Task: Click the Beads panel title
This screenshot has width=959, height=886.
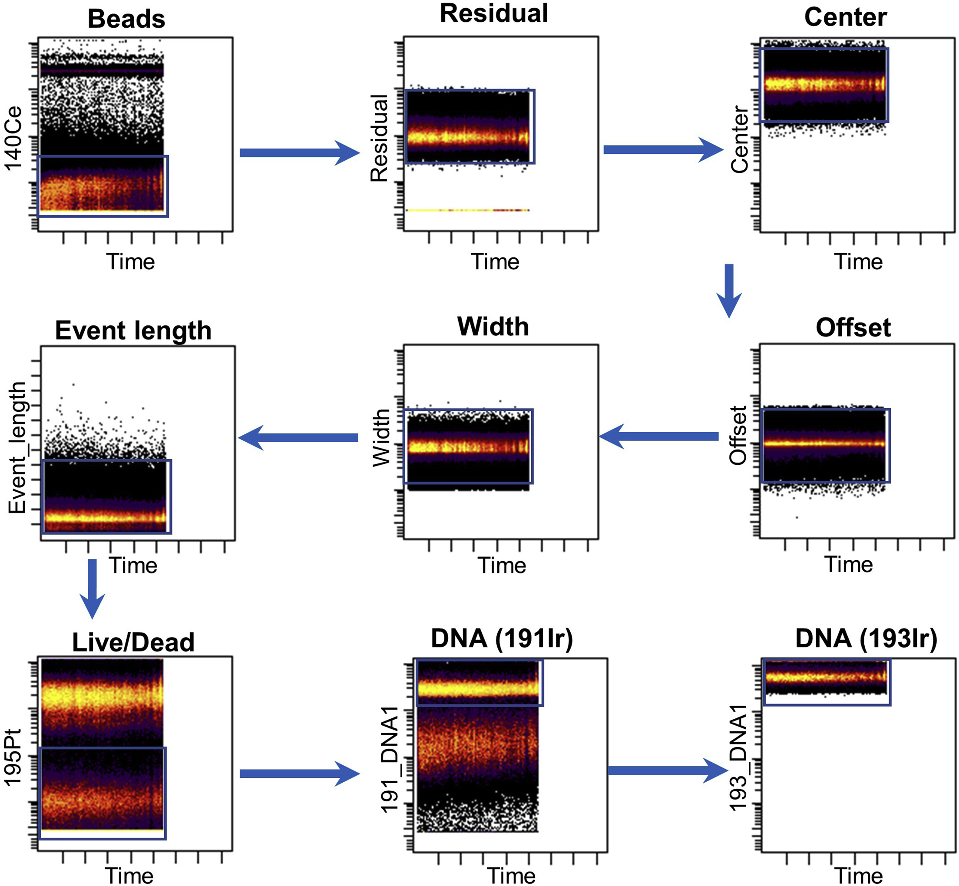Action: [126, 19]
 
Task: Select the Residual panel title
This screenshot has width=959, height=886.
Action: [493, 13]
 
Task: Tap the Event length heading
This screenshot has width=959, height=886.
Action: [133, 331]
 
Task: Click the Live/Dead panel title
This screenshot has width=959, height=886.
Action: [133, 642]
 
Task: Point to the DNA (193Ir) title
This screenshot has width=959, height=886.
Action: [866, 638]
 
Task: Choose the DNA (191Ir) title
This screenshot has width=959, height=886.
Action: [502, 638]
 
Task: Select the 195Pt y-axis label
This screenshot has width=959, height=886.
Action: [13, 757]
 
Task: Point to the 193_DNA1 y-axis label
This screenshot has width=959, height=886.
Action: [739, 757]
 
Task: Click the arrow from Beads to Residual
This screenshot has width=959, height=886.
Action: [299, 153]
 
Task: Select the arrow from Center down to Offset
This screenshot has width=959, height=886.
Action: [729, 290]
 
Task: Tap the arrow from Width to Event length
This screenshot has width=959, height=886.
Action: [298, 437]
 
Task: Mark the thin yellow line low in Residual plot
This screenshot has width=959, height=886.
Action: [467, 210]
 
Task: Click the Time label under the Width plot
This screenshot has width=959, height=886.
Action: [502, 566]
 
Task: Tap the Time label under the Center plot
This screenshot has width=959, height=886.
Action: [858, 262]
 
